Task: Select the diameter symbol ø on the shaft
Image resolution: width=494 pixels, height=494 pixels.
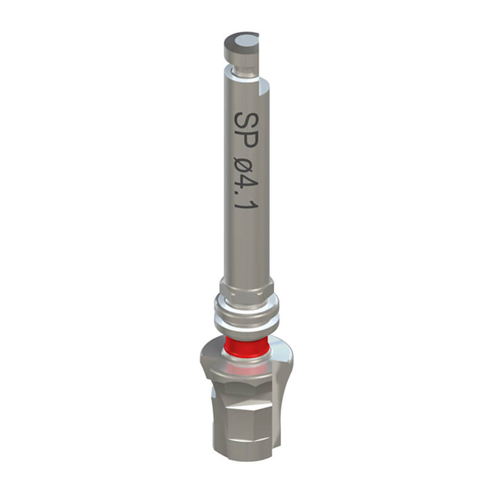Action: click(x=246, y=169)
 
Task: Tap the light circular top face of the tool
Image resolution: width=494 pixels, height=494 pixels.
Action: click(x=246, y=40)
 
